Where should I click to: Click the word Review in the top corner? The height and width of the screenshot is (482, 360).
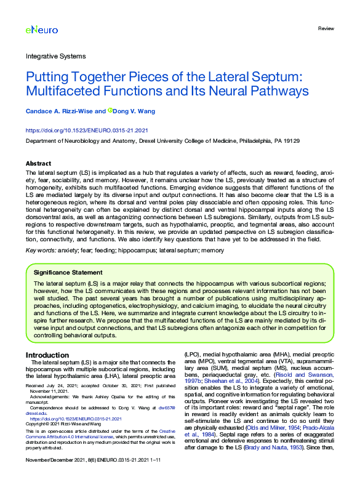pos(326,29)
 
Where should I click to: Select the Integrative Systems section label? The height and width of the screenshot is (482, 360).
pos(55,56)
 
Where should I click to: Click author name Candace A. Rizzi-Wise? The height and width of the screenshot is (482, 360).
pos(64,111)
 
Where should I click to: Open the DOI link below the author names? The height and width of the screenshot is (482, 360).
pos(86,131)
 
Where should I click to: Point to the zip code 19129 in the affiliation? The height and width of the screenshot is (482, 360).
pos(290,141)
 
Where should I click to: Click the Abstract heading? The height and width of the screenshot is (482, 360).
pos(38,163)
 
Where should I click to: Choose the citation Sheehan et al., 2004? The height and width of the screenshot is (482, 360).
pos(233,381)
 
